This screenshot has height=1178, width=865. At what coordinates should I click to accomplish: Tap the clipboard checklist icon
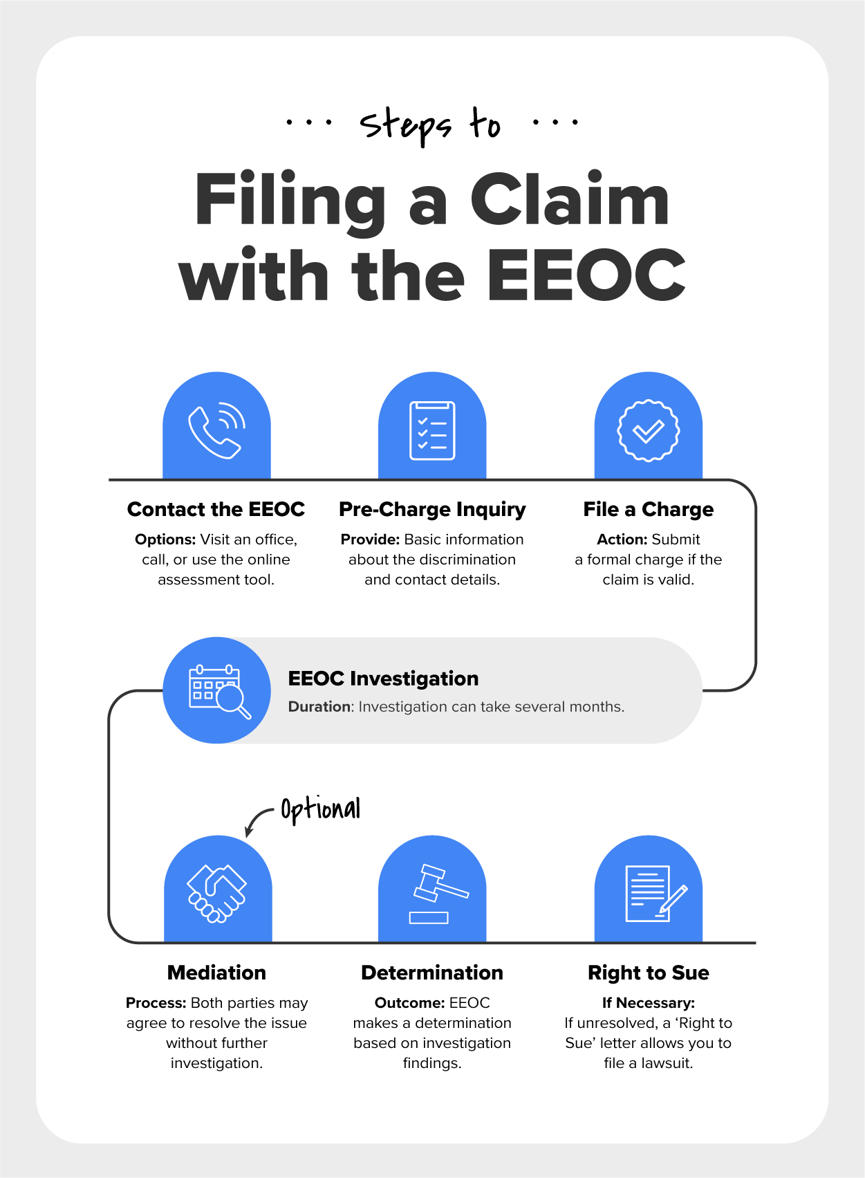[x=432, y=430]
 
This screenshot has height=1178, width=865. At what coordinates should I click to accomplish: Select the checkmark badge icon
[x=649, y=431]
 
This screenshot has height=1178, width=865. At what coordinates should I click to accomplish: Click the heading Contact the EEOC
[x=216, y=509]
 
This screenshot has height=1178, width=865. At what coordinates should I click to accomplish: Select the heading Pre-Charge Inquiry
[x=432, y=510]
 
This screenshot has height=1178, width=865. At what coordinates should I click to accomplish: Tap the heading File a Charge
[x=649, y=510]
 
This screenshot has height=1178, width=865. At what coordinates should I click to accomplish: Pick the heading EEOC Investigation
[x=383, y=679]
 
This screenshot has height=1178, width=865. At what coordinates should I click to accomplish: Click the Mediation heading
[x=216, y=973]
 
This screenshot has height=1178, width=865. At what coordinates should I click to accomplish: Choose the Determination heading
[x=432, y=973]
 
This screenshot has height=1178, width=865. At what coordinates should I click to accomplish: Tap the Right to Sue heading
[x=649, y=973]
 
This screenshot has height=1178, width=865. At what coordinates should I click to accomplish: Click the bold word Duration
[x=319, y=706]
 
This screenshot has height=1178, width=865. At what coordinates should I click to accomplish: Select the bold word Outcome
[x=410, y=1003]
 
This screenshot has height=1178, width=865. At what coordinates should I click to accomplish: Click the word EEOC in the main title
[x=586, y=275]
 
